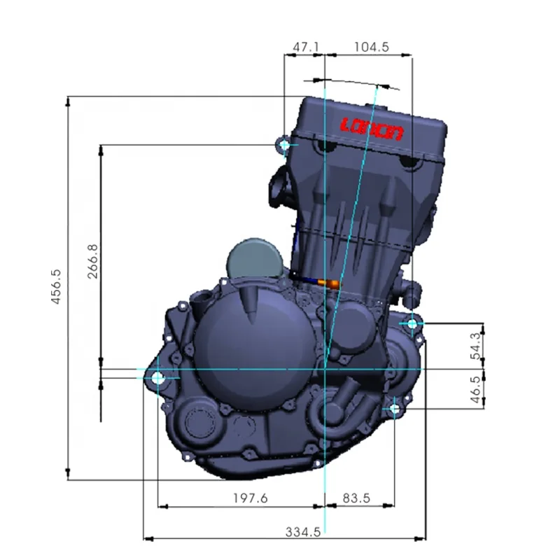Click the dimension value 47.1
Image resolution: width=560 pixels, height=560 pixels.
point(305,47)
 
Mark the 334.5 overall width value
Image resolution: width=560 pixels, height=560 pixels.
point(303,531)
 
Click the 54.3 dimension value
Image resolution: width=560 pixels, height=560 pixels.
point(477,346)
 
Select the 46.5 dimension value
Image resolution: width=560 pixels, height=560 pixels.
point(477,389)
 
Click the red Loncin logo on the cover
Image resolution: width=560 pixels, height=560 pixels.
point(372,129)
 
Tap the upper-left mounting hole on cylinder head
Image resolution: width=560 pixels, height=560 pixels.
point(284,145)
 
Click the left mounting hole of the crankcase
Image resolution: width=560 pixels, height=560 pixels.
point(157,378)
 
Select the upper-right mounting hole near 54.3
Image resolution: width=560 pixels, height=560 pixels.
point(412,323)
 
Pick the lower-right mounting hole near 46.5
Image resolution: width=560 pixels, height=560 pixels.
point(395,407)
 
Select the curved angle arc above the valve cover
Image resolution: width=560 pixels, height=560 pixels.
point(364,83)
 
